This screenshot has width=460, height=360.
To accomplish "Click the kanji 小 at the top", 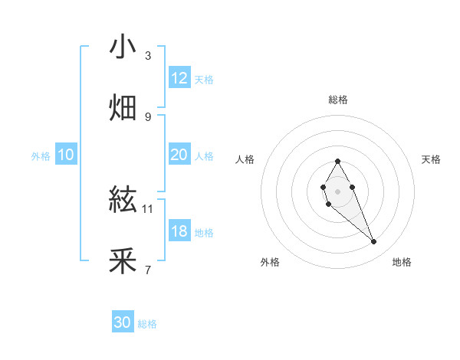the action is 123,47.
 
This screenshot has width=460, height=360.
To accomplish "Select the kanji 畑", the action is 123,108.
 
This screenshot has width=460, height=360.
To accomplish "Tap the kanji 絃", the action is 123,201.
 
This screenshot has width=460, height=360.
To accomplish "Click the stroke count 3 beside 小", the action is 148,55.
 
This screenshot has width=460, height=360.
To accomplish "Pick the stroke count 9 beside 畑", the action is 148,116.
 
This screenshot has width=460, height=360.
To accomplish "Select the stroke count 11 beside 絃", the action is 148,208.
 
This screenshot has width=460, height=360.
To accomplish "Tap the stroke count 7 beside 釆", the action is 148,270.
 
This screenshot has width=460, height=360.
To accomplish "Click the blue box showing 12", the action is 179,78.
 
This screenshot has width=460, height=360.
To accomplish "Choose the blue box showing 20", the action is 179,155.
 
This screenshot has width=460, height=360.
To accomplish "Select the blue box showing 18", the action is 179,231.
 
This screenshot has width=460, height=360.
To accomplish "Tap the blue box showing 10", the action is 65,155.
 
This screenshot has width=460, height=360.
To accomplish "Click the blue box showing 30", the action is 123,322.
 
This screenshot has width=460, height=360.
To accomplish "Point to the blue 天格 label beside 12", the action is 204,80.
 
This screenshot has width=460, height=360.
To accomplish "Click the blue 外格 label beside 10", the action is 41,156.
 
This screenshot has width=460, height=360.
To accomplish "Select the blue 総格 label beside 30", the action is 147,324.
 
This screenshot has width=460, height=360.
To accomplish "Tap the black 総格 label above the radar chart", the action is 337,100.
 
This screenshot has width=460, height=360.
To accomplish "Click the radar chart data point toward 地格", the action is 374,242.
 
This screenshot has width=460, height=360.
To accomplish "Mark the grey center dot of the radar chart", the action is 337,190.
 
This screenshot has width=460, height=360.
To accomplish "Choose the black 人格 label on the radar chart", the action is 245,159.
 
